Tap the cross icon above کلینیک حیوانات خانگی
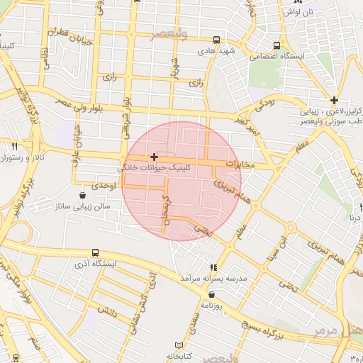(x=154, y=156)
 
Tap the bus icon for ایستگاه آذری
(x=95, y=252)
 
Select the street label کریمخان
(x=168, y=213)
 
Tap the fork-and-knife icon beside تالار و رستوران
(x=14, y=146)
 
